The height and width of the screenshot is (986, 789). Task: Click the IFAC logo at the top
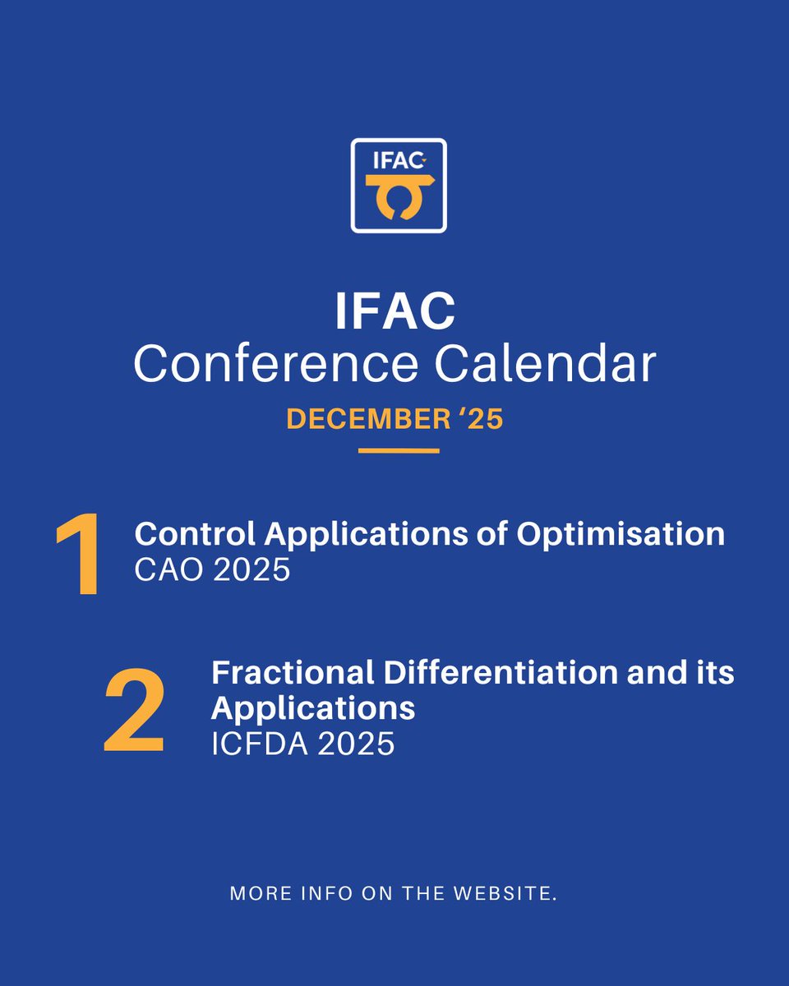coord(399,185)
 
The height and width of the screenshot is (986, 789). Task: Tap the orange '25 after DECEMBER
coord(476,419)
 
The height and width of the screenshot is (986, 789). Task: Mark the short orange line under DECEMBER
coord(399,450)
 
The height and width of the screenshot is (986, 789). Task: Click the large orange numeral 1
coord(79,555)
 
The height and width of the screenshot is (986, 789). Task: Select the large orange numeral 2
coord(133,712)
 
